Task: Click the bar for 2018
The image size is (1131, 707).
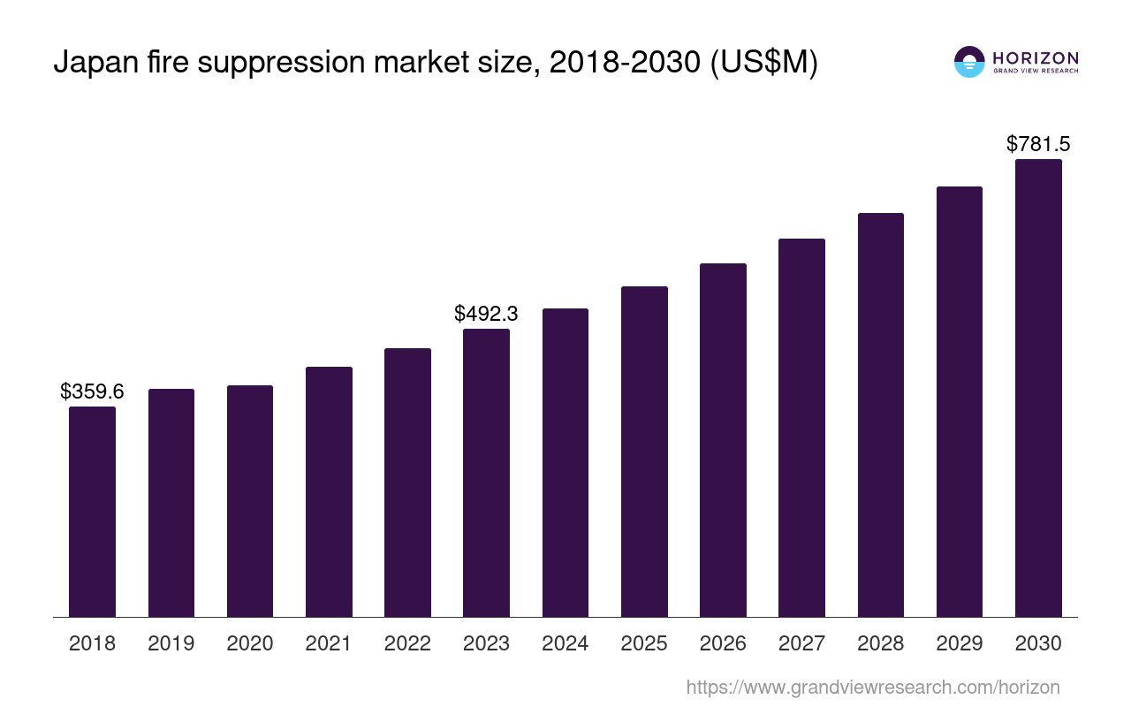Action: (92, 512)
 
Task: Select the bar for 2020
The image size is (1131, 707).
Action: (250, 501)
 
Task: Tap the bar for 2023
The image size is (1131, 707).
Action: (486, 473)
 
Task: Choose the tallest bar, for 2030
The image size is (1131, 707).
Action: (1038, 388)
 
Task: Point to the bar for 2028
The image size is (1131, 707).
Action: (880, 414)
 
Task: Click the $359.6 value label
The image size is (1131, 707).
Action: (92, 392)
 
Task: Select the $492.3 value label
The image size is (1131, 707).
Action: (486, 314)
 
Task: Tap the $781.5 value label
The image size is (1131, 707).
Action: (1038, 144)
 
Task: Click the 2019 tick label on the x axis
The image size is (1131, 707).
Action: (171, 643)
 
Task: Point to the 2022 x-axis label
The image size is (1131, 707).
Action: (407, 643)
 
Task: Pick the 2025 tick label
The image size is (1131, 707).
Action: (644, 643)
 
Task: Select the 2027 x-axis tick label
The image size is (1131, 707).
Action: (801, 643)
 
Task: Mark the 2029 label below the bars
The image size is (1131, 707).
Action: (960, 643)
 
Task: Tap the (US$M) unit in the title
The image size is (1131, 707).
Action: (765, 63)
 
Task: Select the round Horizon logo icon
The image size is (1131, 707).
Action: (969, 62)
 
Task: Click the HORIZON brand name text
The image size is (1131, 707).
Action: (1036, 58)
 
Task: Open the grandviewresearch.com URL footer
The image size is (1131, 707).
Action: (872, 687)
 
